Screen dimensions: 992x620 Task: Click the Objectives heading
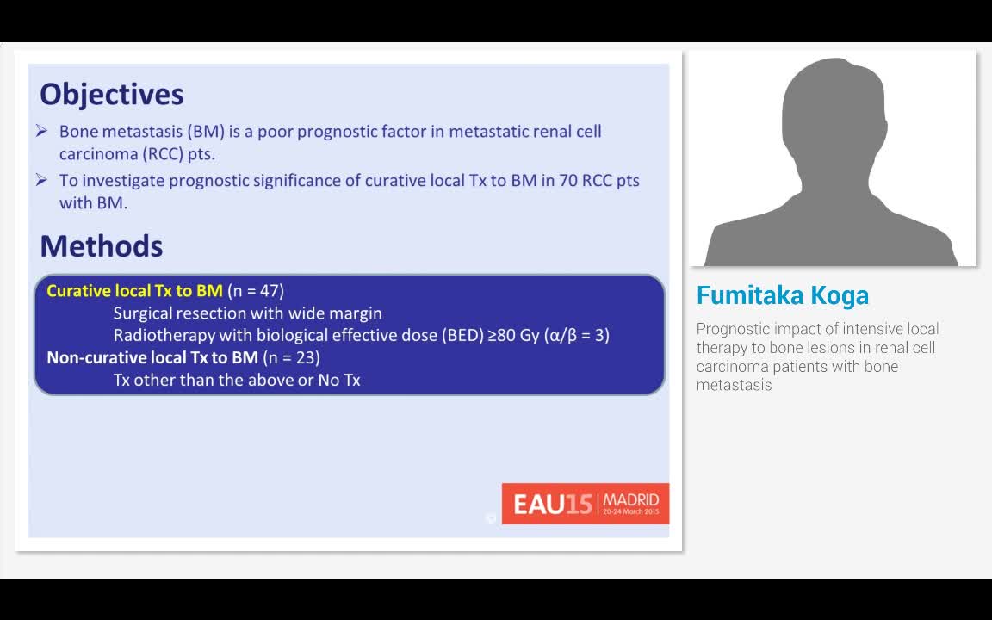(111, 95)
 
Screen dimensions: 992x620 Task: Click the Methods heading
(102, 246)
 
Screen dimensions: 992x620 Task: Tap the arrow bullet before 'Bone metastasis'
(41, 131)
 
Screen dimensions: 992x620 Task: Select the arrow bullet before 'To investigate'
(41, 180)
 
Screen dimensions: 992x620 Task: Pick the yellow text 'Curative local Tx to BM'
(134, 291)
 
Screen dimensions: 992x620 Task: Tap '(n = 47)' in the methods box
(256, 291)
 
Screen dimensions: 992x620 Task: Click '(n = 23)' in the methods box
(291, 358)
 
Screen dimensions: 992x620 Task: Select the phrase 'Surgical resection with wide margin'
(248, 313)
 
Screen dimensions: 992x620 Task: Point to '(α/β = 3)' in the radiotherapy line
(576, 335)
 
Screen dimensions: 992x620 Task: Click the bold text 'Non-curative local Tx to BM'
(152, 358)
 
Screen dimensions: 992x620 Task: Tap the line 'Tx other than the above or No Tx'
(237, 381)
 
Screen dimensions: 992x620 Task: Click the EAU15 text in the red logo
(552, 505)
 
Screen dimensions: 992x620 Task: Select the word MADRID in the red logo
(630, 499)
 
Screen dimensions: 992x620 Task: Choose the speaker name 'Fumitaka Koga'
(783, 295)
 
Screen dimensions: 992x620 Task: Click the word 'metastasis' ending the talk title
(734, 385)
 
